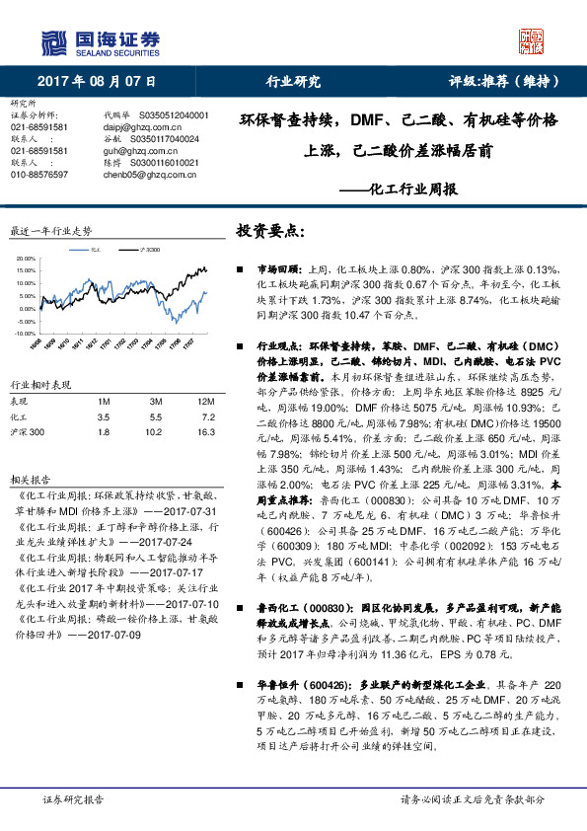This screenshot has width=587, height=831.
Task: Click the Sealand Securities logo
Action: tap(100, 41)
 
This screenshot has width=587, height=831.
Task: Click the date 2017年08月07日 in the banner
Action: tap(110, 81)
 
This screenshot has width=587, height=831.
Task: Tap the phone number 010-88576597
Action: tap(39, 173)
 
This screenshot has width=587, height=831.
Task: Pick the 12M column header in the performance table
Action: tap(205, 401)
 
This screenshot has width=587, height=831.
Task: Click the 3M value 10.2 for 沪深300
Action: tap(153, 431)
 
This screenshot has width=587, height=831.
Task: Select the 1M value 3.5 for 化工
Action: tap(102, 416)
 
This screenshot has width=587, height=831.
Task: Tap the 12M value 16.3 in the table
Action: tap(205, 431)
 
